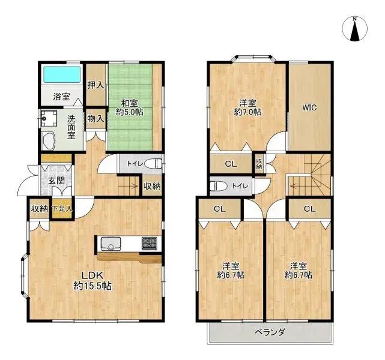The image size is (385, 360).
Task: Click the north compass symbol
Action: pos(354,29)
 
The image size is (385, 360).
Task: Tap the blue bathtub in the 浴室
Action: pos(62,74)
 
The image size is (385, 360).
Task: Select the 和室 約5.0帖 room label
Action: pos(129,107)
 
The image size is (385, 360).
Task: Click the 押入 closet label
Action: pos(95,85)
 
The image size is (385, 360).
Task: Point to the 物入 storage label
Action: pos(95,119)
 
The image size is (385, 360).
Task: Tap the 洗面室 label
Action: pos(71,127)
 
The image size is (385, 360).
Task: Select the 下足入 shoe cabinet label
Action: pos(62,209)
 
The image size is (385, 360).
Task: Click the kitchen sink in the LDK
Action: pos(111,244)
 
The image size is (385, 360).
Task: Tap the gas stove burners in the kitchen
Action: pos(149,244)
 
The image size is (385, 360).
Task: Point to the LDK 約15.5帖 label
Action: pos(93,281)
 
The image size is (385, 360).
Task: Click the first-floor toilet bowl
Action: pos(153,164)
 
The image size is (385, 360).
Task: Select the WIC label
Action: pos(309,107)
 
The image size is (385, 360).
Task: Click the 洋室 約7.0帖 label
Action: pos(247,107)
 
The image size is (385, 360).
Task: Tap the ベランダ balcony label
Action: pos(270,333)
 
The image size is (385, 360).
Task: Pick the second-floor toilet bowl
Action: pos(219,186)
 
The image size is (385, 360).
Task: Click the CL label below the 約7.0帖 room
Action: pos(231,164)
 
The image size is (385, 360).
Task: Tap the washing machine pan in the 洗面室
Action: pos(49,118)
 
